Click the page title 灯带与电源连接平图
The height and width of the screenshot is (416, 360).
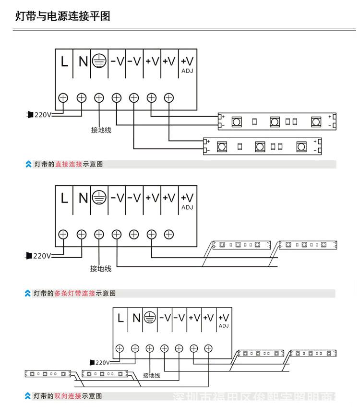coord(63,16)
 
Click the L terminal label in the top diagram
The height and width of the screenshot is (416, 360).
coord(64,61)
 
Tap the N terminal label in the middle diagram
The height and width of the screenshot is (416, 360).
coord(83,198)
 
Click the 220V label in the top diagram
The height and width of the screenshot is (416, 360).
coord(42,115)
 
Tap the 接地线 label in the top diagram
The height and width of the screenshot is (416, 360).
coord(101,130)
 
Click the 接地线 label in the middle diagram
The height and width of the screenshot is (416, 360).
coord(101,269)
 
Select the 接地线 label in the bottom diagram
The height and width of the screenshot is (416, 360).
coord(151,375)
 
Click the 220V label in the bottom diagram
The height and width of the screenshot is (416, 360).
coord(102,363)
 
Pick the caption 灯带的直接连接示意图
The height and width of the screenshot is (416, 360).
coord(69,164)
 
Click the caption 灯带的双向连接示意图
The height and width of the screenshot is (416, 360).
coord(68,396)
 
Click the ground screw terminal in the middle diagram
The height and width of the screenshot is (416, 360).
coord(99,234)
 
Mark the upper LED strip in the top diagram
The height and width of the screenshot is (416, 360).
coord(277,122)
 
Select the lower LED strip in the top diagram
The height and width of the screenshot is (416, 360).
coord(262,146)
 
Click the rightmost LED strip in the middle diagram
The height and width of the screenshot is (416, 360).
coord(308,245)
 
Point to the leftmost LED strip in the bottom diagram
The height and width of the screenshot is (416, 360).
coord(48,373)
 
